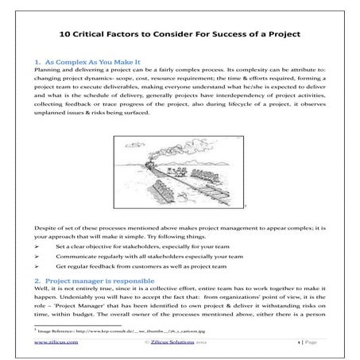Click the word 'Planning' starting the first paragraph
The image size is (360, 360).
(x=51, y=70)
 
